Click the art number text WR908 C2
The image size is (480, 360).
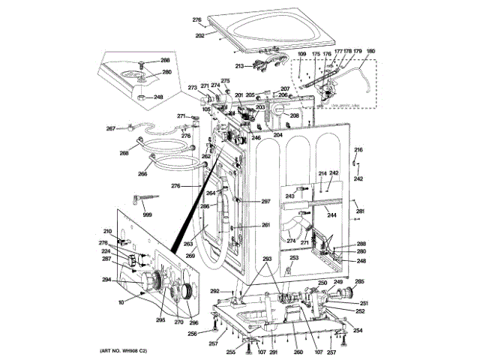128,352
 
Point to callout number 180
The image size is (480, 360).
370,52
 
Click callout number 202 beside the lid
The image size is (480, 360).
200,34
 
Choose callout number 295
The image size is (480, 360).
160,319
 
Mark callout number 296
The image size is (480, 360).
193,323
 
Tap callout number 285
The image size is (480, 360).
359,282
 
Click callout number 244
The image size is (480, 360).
331,216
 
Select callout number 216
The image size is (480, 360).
358,150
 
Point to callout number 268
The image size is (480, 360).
124,154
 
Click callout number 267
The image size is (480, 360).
110,128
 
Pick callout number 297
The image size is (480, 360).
265,201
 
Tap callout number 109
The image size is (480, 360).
301,55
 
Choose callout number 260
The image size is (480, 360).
298,352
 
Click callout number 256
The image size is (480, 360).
192,334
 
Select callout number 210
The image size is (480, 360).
107,232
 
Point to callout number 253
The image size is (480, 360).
295,257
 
